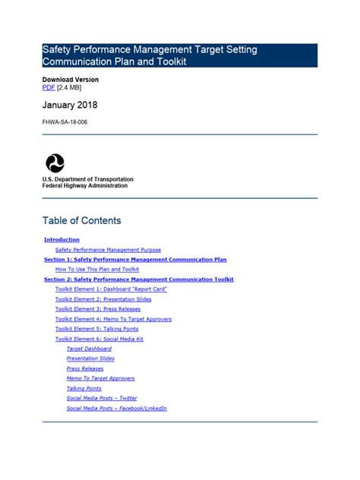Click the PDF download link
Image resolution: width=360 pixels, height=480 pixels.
coord(49,88)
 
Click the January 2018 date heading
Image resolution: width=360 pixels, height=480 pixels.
coord(70,105)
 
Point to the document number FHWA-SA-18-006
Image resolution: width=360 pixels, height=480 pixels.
coord(65,122)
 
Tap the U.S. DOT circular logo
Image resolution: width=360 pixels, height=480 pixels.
coord(55,163)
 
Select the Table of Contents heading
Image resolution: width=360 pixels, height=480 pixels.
coord(81,221)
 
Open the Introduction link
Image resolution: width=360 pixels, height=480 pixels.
coord(62,240)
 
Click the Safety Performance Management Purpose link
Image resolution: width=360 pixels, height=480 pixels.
coord(108,250)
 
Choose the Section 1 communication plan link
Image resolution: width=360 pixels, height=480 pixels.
coord(135,260)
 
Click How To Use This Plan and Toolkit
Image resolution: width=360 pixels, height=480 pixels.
coord(97,270)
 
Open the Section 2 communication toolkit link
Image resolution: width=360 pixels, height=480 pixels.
coord(139,279)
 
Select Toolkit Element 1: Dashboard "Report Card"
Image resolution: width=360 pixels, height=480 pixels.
coord(111,289)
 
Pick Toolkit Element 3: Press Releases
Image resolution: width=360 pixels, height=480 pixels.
coord(98,309)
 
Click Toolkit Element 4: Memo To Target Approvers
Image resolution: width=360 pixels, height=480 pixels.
coord(113,319)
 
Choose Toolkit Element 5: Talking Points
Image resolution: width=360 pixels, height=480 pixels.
coord(96,329)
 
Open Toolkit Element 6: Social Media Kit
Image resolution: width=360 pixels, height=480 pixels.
coord(99,339)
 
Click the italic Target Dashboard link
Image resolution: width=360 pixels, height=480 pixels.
coord(89,349)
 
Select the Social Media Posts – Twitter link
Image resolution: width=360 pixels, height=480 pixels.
coord(102,398)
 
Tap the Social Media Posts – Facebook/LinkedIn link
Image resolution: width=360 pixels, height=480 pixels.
coord(116,408)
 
